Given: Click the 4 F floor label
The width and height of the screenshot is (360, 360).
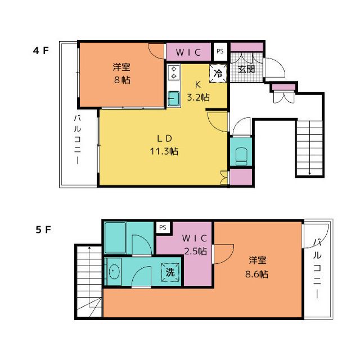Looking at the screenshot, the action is coord(41,51).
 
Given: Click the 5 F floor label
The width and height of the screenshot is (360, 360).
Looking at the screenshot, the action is coord(43,229).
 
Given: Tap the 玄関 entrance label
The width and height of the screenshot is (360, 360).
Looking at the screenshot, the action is coord(246,69).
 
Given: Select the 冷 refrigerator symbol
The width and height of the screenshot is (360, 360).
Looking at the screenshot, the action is coord(218,73).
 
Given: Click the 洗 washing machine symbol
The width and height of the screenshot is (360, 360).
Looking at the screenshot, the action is coord(170,272).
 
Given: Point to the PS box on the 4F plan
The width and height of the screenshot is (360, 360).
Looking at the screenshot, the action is coord(220,51).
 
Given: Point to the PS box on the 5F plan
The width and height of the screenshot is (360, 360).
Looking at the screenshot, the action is coord(163,227).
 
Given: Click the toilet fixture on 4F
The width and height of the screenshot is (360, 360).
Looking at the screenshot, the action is coord(241,156).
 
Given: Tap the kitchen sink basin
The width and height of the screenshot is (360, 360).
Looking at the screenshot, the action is coord(174,99).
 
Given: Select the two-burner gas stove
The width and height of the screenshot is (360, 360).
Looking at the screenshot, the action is coord(174,73).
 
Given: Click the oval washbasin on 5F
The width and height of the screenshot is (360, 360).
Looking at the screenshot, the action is coord(114,272).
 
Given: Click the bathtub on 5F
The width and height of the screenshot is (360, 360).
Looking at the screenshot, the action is coord(115,238).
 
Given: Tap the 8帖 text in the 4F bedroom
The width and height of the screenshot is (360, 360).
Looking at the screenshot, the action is coord(122,80).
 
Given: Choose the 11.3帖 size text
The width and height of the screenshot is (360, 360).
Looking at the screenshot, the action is coord(164,151).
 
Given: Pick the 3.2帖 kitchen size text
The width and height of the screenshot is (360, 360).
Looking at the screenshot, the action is coord(199,97).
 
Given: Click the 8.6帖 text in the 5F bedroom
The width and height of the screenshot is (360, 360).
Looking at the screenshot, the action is coord(256,274).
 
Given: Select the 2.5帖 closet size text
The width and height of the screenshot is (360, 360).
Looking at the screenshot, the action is coord(196,251).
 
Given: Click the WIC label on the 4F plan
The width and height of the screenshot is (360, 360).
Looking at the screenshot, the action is coord(188,52).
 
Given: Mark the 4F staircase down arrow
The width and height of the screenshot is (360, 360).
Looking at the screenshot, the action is coord(310,147).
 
